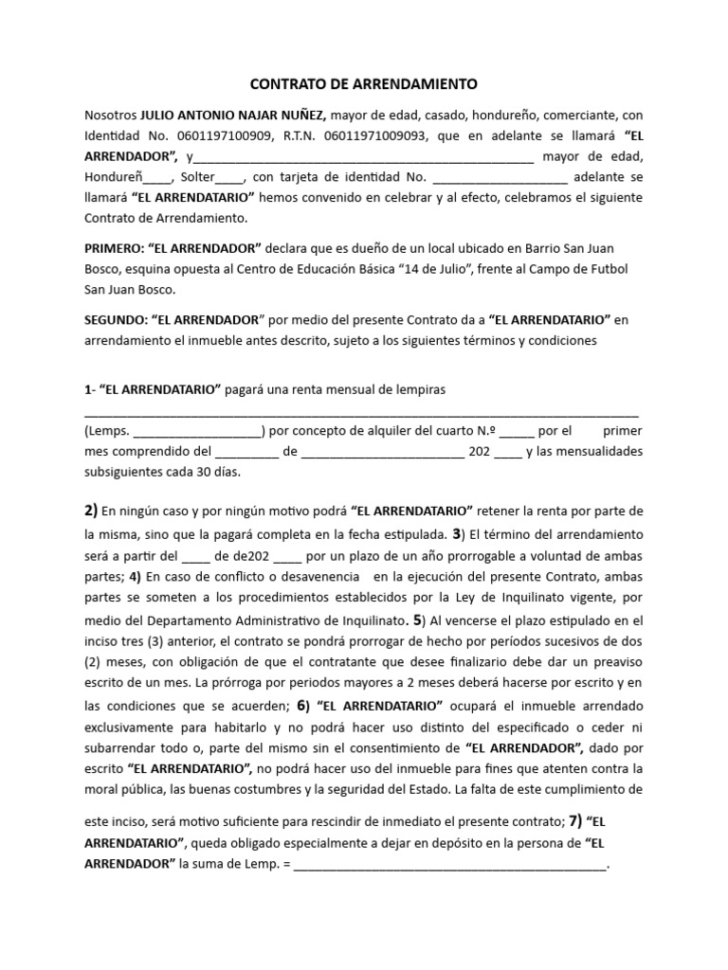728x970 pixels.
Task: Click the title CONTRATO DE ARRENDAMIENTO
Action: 364,83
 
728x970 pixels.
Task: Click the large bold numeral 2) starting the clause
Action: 91,512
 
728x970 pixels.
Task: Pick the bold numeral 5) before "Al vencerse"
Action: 415,622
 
